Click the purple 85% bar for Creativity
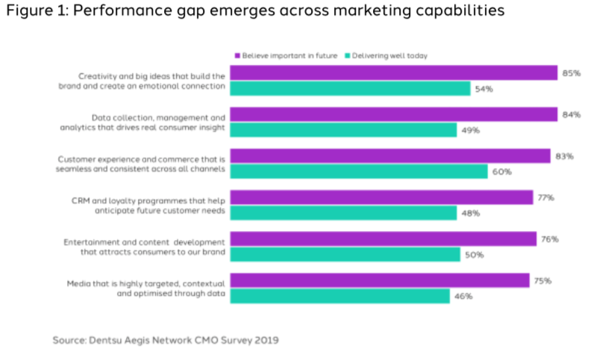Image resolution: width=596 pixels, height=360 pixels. coord(394,72)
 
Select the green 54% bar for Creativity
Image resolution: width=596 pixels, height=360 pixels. coord(350,89)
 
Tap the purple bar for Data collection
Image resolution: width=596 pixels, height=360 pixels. coord(393,114)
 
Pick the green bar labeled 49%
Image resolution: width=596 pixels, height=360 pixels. coord(343,130)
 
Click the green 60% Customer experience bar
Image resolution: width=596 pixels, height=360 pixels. coord(358,171)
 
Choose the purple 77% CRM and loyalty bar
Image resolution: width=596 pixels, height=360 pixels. coord(381,198)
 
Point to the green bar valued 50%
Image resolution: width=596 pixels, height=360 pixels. coord(345,255)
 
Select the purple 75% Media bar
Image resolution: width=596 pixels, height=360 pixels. coord(380,280)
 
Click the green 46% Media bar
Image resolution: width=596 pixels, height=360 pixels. coord(339,297)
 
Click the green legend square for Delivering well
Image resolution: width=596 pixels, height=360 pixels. coord(348,56)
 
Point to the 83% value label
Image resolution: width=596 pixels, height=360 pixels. coord(565,157)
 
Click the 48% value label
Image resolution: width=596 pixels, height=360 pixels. coord(471,213)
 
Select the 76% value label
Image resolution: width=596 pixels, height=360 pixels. coord(550,239)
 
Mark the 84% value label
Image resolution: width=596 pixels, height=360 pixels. coord(572,115)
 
